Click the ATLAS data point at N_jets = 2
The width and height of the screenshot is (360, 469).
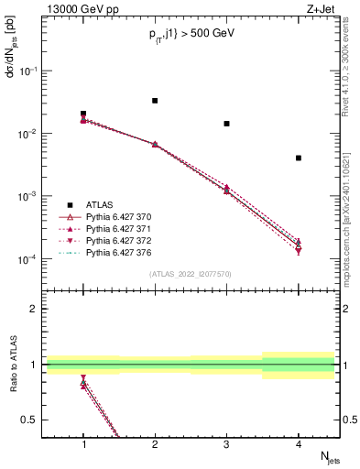pyautogui.click(x=155, y=101)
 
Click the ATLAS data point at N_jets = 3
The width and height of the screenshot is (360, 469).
pyautogui.click(x=226, y=124)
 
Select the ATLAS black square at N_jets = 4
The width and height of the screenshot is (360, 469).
pyautogui.click(x=299, y=158)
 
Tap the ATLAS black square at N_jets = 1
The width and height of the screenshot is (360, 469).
pyautogui.click(x=83, y=114)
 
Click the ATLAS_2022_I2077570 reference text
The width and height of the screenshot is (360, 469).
pyautogui.click(x=191, y=274)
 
